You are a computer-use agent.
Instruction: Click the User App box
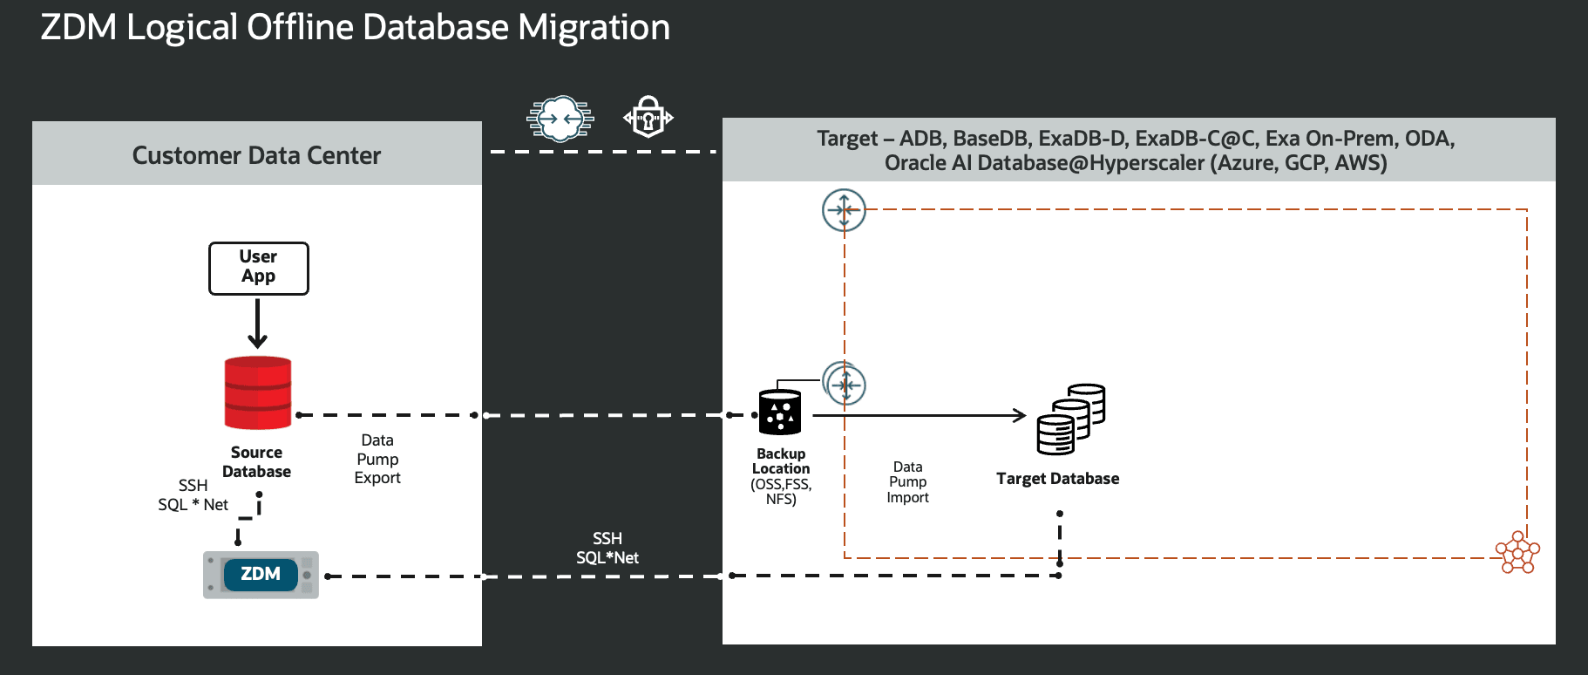point(258,268)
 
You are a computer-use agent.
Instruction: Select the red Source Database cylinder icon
point(257,392)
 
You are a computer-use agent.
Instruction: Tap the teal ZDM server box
point(261,575)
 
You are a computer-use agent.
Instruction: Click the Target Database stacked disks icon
point(1070,419)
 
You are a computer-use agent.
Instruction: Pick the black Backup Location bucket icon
point(779,412)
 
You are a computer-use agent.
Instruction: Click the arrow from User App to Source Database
point(257,324)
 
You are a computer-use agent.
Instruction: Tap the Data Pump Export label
point(377,459)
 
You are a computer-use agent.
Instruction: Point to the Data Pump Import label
point(907,482)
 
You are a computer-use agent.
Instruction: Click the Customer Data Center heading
point(256,155)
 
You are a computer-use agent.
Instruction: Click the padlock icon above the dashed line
point(648,117)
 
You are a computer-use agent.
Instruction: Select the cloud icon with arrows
point(560,118)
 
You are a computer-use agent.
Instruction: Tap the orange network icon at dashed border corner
point(1517,552)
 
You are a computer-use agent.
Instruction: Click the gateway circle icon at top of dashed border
point(844,210)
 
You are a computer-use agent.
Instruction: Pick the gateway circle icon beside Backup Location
point(845,384)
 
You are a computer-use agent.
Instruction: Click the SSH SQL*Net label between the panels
point(607,548)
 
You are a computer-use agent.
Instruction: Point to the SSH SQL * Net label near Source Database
point(193,495)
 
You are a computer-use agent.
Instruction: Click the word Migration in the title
point(594,27)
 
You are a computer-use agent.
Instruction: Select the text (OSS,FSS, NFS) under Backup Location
point(781,492)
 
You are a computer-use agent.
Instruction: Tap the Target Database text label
point(1057,479)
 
